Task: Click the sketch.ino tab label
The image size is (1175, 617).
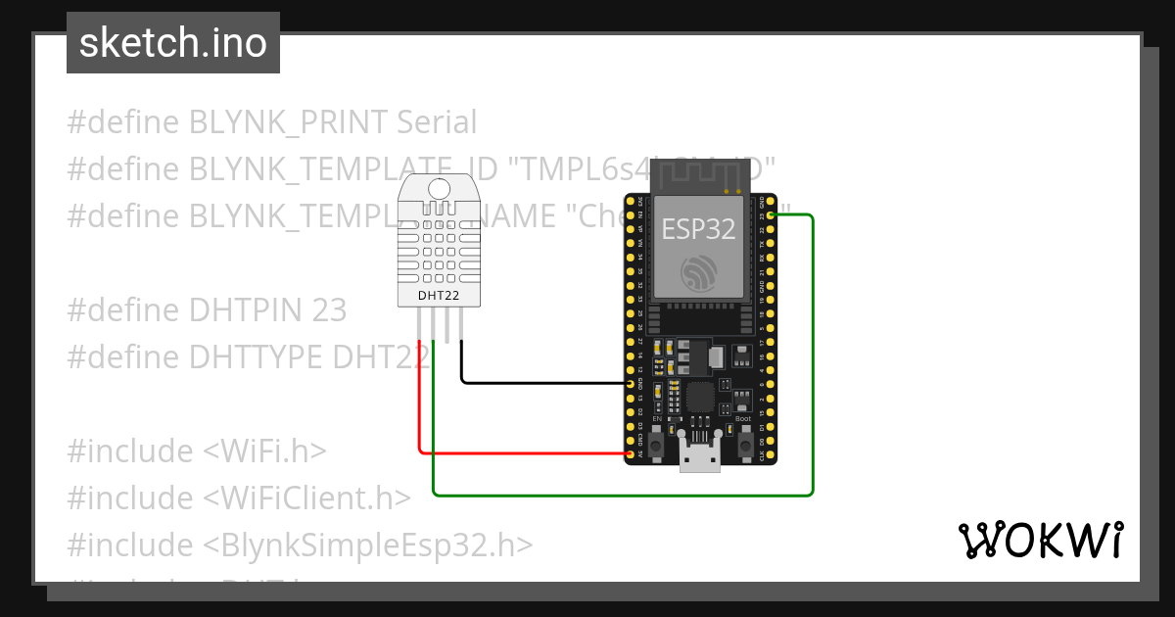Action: [x=173, y=43]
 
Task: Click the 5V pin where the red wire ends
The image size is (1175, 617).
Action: [x=631, y=453]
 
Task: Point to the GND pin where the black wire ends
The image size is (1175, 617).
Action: [x=631, y=383]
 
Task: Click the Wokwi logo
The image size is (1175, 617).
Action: [x=1039, y=540]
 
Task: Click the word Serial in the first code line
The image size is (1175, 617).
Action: [x=437, y=122]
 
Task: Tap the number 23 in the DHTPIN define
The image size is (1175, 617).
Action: [x=329, y=310]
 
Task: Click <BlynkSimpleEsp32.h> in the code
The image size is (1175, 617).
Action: [x=368, y=545]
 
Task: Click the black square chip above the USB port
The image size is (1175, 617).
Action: [x=701, y=397]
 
